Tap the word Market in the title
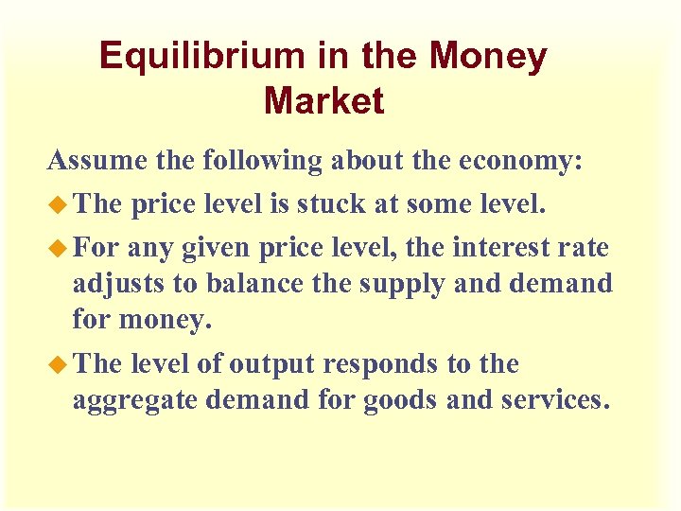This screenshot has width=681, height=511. [324, 100]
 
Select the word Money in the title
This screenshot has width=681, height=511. [488, 57]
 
